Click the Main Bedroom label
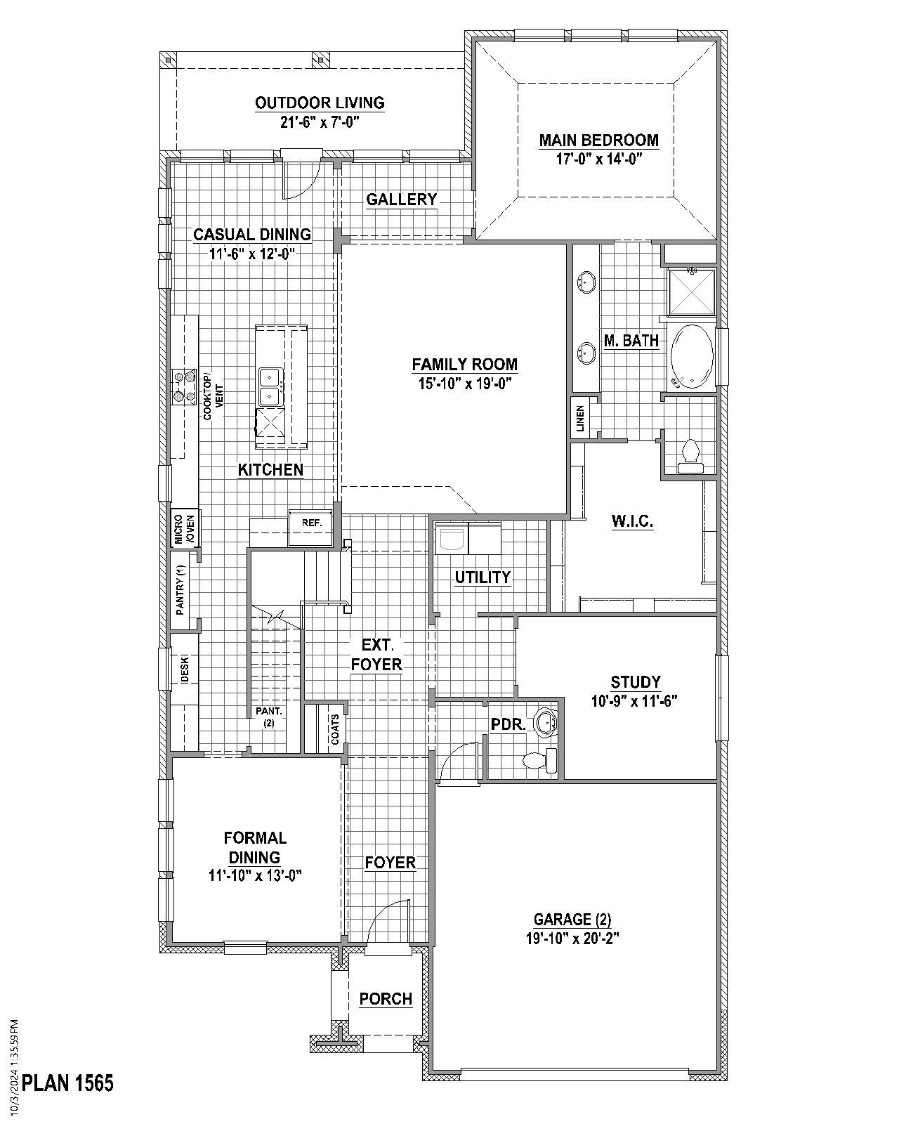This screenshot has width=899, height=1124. coord(598,140)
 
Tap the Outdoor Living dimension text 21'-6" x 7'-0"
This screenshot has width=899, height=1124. coord(320,122)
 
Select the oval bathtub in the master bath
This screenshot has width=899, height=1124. coord(693,356)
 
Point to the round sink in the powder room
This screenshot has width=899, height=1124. coord(546,721)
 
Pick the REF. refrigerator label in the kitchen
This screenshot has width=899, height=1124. coord(311,523)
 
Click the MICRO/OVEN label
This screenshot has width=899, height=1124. coord(184,528)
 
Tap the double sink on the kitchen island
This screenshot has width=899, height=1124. coord(270,387)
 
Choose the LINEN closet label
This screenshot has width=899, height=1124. coord(579,419)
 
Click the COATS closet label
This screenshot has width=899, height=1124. coord(335,729)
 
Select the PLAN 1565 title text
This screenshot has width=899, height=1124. coord(67,1083)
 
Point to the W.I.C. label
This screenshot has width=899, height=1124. coord(632,521)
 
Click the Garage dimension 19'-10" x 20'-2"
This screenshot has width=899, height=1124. coord(572,938)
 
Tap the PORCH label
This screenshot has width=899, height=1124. coord(386,998)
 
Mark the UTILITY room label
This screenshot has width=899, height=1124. coord(483,577)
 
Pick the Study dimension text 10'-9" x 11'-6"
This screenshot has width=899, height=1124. coord(635,700)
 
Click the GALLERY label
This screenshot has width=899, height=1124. coord(401,200)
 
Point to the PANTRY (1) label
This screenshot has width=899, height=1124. coord(181,590)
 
